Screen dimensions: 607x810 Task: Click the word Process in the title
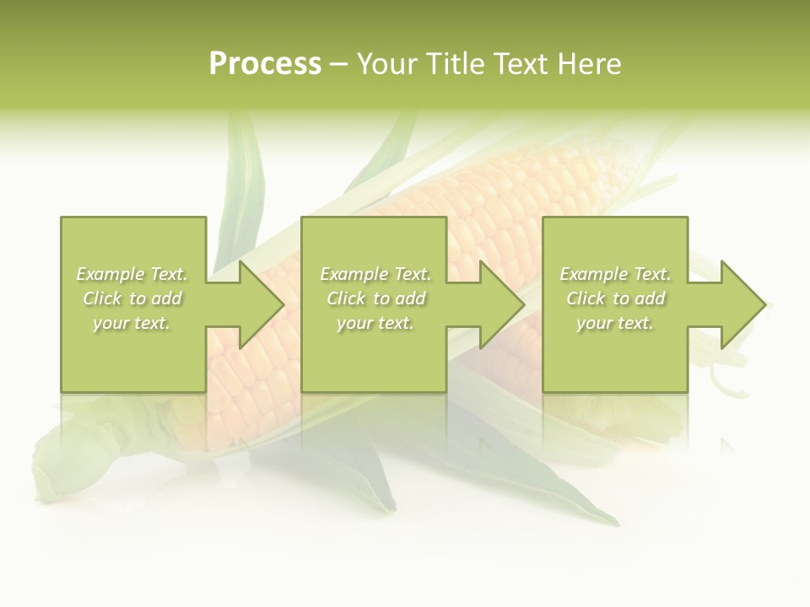[265, 63]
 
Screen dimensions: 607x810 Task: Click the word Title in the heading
[457, 63]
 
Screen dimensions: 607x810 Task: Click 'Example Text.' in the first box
[132, 274]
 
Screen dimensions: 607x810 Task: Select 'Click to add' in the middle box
[375, 298]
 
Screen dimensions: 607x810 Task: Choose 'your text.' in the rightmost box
[615, 323]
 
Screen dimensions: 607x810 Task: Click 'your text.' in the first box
[132, 323]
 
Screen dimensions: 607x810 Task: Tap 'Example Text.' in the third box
[615, 274]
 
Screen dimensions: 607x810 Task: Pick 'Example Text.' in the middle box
[375, 274]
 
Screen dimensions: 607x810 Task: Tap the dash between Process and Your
[338, 64]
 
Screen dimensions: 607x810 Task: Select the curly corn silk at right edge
[730, 379]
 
